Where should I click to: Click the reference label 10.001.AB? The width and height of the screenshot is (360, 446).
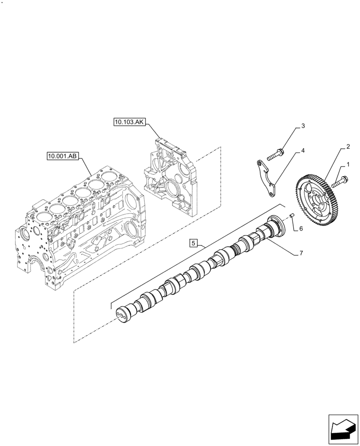point(62,156)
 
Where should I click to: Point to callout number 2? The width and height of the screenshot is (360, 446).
point(348,146)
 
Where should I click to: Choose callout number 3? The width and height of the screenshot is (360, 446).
point(303,126)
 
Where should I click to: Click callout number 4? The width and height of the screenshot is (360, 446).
point(303,151)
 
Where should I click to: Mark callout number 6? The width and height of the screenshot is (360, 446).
point(301,228)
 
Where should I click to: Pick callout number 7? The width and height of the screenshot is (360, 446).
point(301,253)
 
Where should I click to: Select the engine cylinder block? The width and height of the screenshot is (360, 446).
point(80,223)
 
